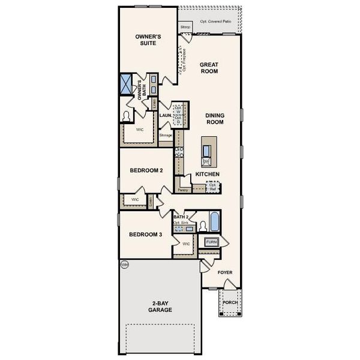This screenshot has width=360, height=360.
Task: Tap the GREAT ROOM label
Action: click(209, 68)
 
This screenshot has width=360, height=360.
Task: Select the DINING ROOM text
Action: click(214, 119)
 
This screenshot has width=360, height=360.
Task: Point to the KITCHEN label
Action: click(207, 174)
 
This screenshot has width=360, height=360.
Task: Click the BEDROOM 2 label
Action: click(146, 170)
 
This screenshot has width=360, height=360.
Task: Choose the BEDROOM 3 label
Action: click(146, 234)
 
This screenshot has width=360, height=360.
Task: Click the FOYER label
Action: click(224, 272)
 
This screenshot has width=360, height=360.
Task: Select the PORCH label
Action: click(230, 302)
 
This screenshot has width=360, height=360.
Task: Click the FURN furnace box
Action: click(212, 242)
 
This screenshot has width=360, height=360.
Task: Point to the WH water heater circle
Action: click(125, 264)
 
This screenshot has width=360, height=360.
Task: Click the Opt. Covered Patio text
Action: click(215, 22)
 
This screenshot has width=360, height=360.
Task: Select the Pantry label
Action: click(184, 190)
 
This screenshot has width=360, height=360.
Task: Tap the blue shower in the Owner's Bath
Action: click(127, 84)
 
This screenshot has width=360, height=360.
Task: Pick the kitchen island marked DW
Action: click(206, 153)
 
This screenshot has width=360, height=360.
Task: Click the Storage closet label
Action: click(166, 136)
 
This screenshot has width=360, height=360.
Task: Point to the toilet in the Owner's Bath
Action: click(127, 116)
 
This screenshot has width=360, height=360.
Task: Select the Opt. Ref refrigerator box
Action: click(212, 187)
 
